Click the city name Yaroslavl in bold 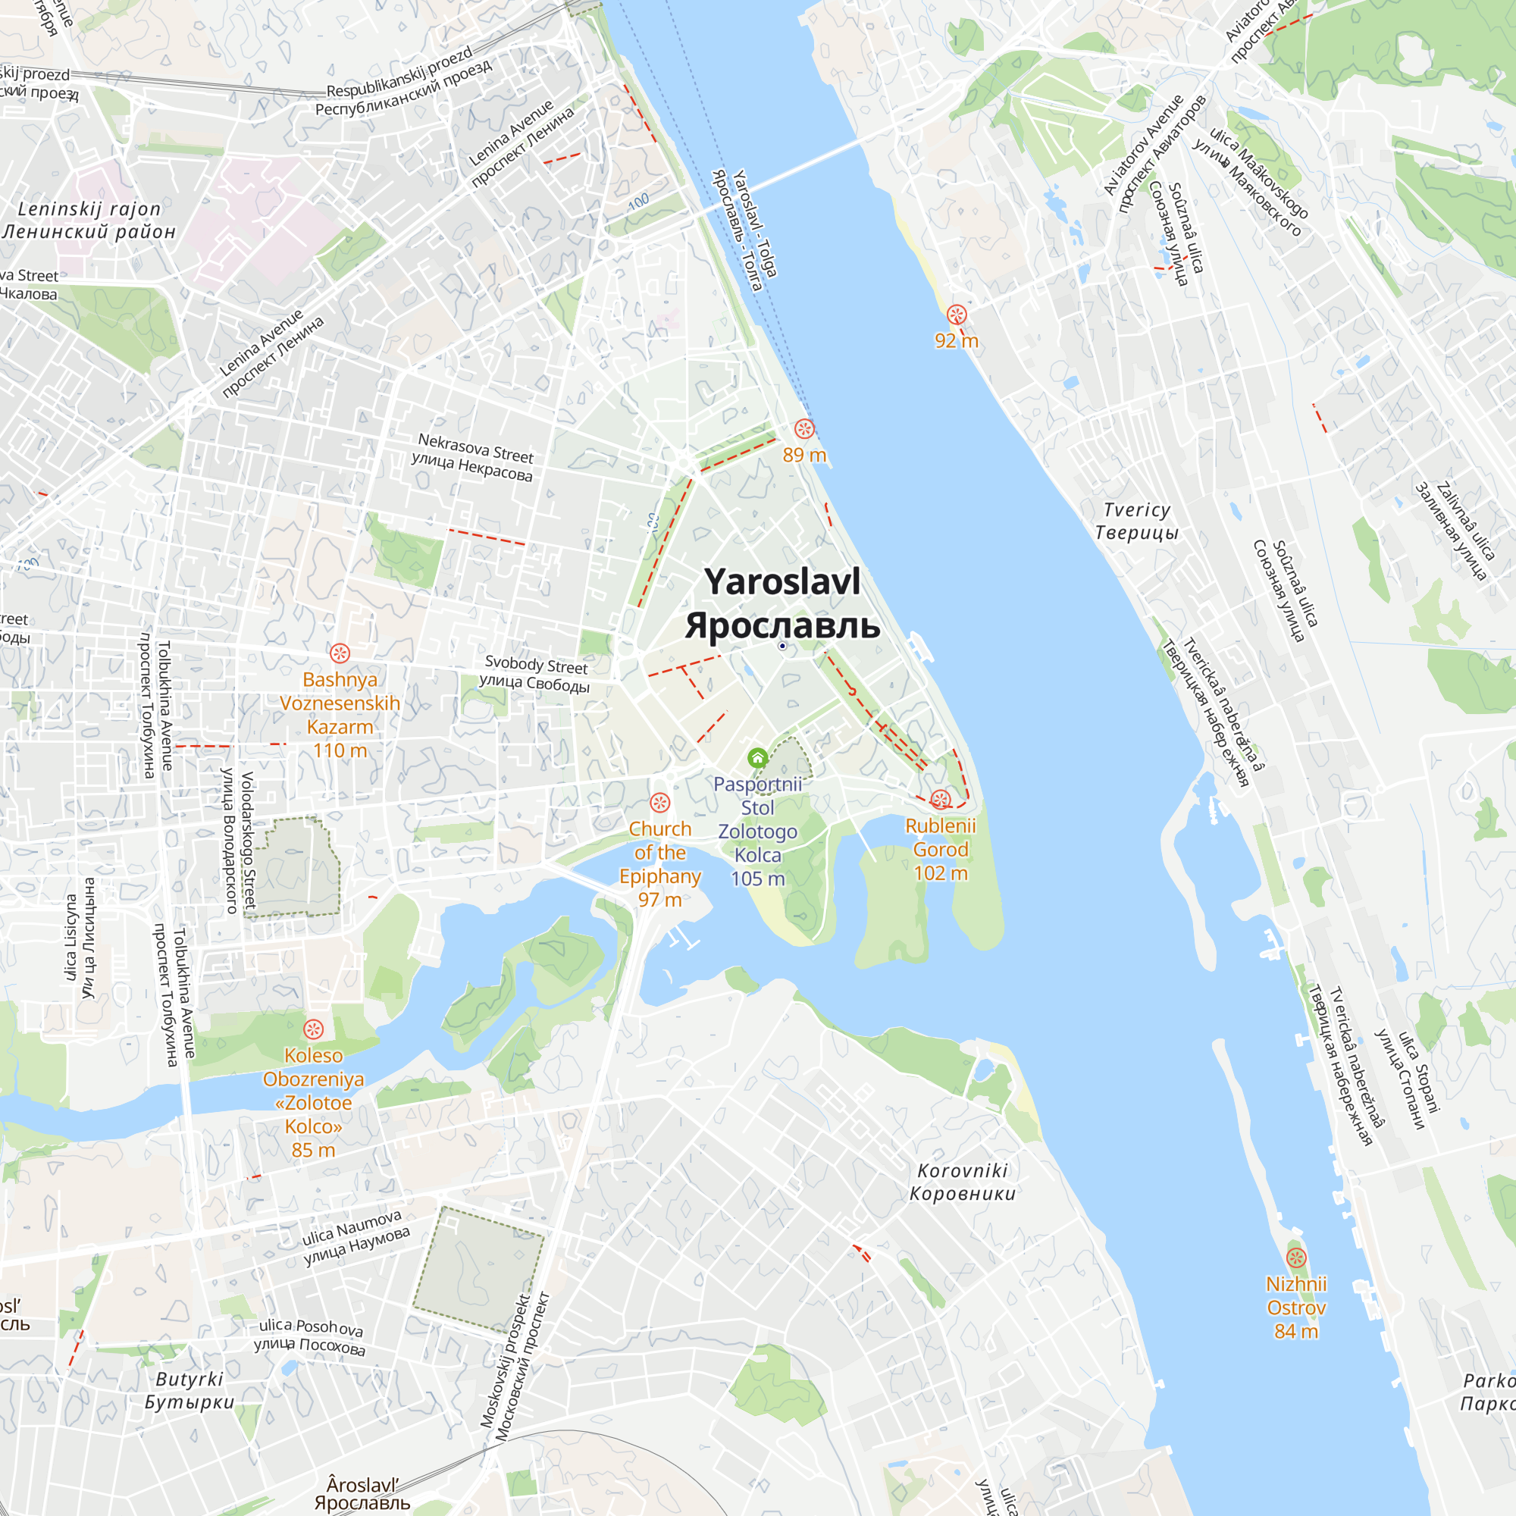[x=782, y=582]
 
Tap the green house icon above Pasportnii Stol [x=757, y=758]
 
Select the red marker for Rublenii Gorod [x=940, y=800]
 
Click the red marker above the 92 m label [x=957, y=315]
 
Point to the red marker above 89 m [x=804, y=428]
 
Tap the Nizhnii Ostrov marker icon [x=1296, y=1258]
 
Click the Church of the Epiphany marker [x=660, y=803]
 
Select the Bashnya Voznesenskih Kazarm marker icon [x=340, y=653]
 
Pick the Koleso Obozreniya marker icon [x=313, y=1029]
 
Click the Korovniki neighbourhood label [x=962, y=1182]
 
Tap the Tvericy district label [x=1136, y=521]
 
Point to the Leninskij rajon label [x=89, y=221]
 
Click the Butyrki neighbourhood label [x=189, y=1390]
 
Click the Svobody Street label [x=535, y=673]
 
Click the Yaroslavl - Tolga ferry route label [x=745, y=230]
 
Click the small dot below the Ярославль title [x=782, y=646]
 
